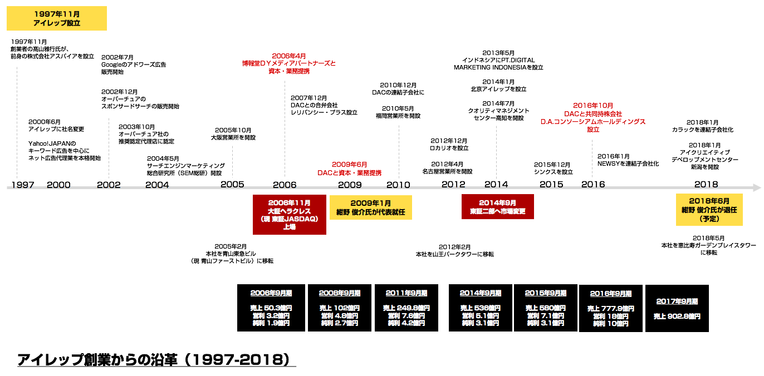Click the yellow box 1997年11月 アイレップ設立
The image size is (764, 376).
(57, 18)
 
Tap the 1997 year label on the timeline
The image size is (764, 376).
(22, 185)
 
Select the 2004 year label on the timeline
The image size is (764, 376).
(157, 185)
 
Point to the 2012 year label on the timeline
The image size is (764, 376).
(453, 185)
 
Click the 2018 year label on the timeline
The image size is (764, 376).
(706, 185)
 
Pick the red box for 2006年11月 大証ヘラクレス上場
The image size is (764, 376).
(289, 215)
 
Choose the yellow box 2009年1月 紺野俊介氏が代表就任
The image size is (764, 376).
(370, 207)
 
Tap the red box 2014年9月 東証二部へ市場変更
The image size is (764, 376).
(497, 207)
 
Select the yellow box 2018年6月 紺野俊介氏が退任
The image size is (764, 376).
(709, 210)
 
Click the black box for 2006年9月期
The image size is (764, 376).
(271, 308)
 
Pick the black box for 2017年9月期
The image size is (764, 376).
(677, 308)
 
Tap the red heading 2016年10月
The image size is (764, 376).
(593, 105)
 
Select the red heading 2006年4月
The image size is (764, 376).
(289, 56)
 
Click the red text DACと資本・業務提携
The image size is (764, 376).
(350, 173)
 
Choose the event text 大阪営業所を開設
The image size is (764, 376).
(233, 137)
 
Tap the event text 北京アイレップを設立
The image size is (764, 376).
(498, 89)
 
